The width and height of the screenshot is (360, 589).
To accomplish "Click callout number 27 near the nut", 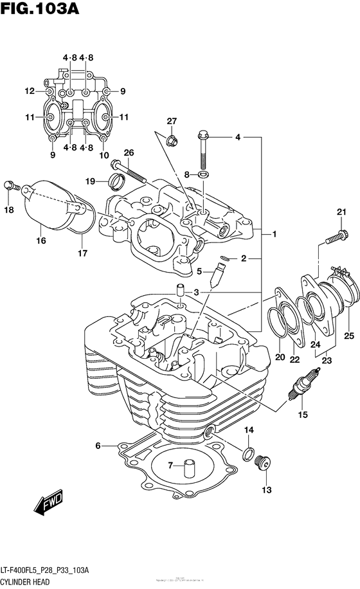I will coord(172,122).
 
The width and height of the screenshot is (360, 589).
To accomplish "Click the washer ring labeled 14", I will coord(247,455).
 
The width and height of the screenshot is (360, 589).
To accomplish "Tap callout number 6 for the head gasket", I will coord(98,446).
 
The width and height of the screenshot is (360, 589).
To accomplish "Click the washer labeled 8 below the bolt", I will coord(203,174).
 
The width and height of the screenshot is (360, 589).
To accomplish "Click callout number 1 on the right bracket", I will coord(274,235).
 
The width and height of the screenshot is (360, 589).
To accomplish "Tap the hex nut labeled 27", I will coord(172,138).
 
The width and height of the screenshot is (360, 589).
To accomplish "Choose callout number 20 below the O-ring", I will coord(280,358).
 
